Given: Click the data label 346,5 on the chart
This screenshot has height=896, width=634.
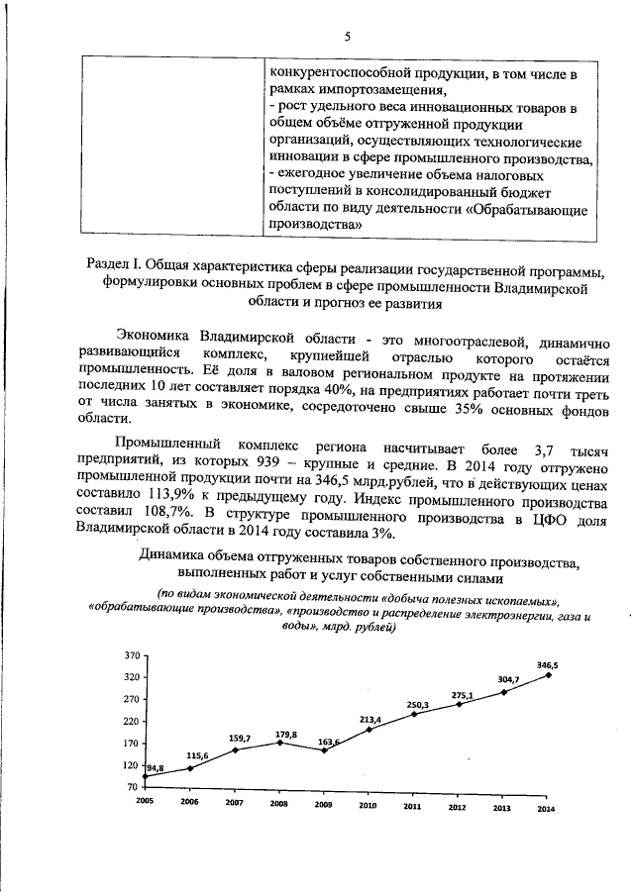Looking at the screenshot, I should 547,666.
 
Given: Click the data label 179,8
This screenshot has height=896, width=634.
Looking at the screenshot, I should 286,734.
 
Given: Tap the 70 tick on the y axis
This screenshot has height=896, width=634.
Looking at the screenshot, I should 134,787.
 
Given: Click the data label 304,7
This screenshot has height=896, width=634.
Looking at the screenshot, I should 509,679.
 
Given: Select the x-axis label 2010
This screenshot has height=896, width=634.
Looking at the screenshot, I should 367,808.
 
